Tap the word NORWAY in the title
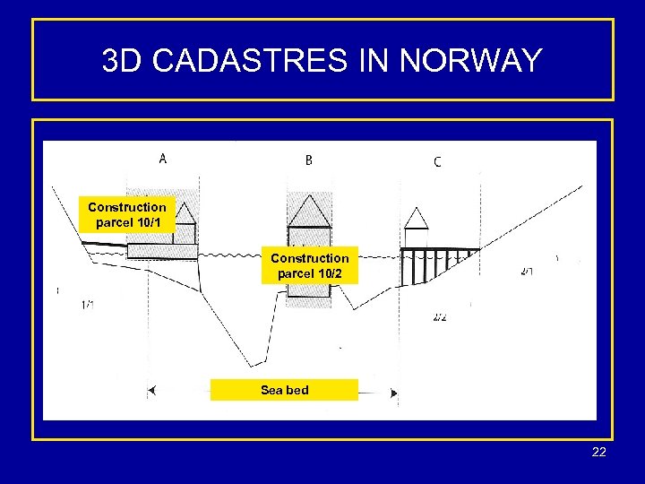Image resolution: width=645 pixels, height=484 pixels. point(471,61)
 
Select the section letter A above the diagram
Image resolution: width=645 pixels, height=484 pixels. point(162,159)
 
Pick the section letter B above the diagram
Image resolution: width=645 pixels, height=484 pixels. point(308,160)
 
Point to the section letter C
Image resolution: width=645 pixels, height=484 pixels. point(436,162)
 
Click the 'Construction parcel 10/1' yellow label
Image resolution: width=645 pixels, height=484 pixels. point(126,213)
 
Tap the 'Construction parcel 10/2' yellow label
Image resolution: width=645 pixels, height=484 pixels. point(309,265)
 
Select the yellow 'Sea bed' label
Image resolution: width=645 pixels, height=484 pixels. point(284,390)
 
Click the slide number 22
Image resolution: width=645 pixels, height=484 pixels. point(599,452)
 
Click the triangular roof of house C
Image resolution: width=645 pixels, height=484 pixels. point(417,218)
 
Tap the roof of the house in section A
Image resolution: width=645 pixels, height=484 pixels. point(185,212)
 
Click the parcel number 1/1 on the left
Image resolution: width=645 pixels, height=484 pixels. point(88,305)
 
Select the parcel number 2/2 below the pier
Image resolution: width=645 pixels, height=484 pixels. point(439,317)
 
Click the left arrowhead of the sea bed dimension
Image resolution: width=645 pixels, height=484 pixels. point(152,391)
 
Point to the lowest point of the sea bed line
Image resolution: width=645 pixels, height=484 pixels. point(254,365)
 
